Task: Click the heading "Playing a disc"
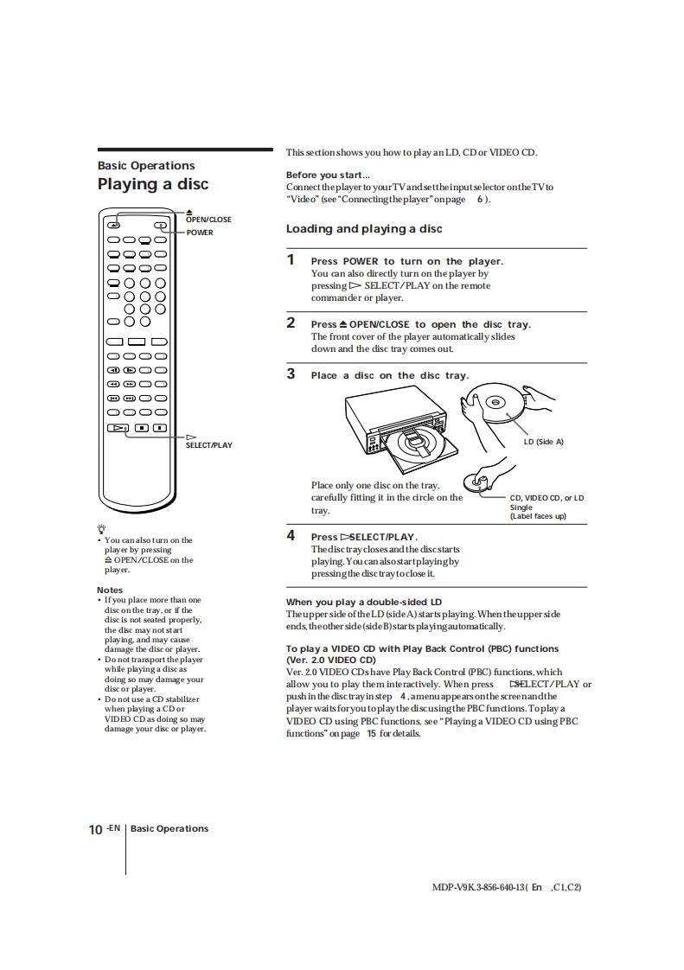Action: coord(152,184)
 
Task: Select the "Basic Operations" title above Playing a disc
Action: coord(146,166)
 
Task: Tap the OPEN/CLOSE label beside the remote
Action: coord(208,220)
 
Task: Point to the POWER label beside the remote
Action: coord(199,233)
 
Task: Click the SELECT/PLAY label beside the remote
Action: coord(209,445)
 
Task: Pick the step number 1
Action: coord(291,259)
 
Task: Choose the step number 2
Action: coord(291,322)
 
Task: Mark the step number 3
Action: coord(291,373)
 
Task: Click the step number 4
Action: coord(291,535)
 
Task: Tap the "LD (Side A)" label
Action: coord(543,442)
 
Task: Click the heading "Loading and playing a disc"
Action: coord(364,229)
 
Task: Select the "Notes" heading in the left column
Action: coord(110,590)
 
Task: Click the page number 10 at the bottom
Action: coord(96,830)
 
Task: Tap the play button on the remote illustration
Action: coord(118,427)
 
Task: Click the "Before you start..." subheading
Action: coord(322,175)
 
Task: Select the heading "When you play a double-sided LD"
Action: coord(364,602)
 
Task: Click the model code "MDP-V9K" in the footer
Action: coord(453,887)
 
